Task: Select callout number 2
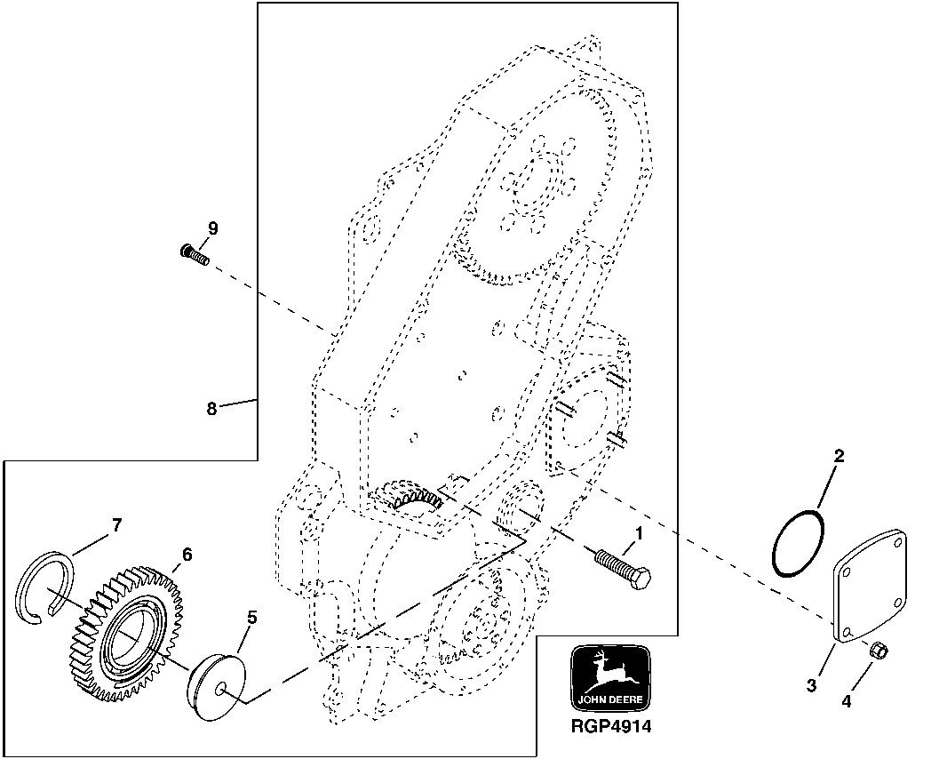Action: pyautogui.click(x=838, y=457)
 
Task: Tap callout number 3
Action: pyautogui.click(x=810, y=685)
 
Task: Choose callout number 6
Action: pyautogui.click(x=186, y=554)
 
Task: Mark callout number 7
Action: pyautogui.click(x=115, y=526)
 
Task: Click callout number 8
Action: pyautogui.click(x=211, y=409)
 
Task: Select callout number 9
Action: pyautogui.click(x=212, y=228)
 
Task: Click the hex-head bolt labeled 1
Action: pyautogui.click(x=626, y=567)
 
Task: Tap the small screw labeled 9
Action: pyautogui.click(x=193, y=256)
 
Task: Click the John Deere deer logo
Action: pyautogui.click(x=609, y=675)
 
